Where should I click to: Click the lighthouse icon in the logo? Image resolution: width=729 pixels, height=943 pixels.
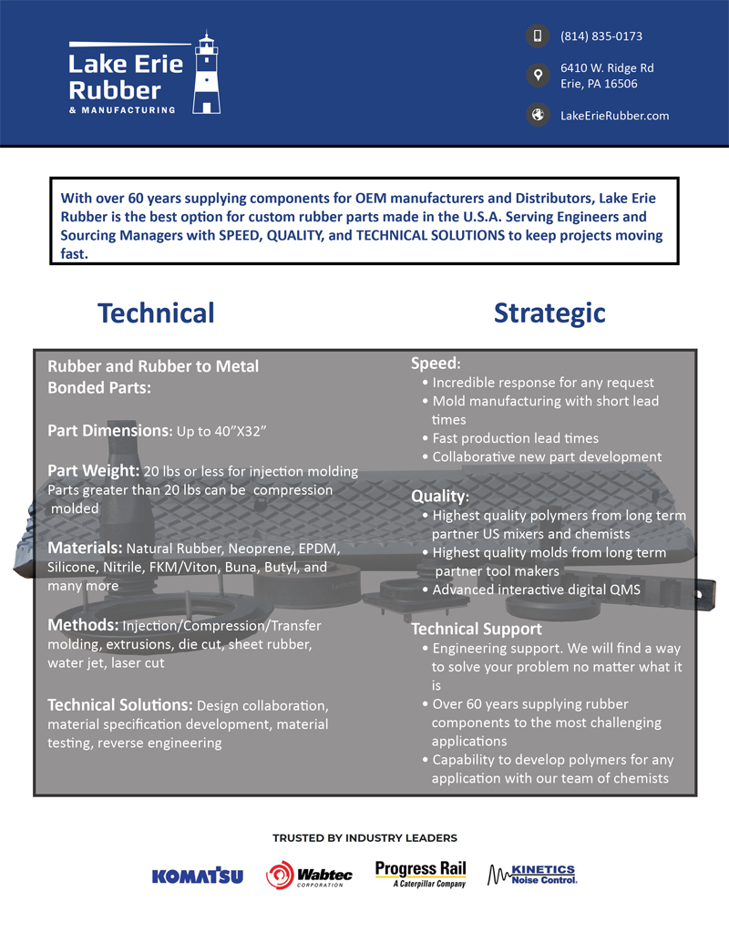click(x=208, y=75)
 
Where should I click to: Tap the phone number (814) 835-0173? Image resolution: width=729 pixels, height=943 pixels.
click(x=601, y=36)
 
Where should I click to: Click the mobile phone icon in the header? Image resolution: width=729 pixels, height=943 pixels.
click(x=538, y=36)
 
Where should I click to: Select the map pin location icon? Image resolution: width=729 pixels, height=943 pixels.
click(x=538, y=76)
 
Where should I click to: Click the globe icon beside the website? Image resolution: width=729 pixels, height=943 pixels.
click(x=538, y=115)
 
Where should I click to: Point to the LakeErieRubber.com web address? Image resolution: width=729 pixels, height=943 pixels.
click(x=615, y=116)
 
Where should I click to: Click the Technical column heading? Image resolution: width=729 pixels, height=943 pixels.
click(x=156, y=313)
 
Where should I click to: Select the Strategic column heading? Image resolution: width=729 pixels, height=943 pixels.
click(x=549, y=313)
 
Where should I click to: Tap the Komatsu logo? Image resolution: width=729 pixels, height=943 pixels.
click(x=198, y=876)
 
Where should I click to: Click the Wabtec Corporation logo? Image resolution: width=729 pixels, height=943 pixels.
click(x=309, y=876)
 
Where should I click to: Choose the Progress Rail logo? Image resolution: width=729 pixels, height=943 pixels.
click(x=421, y=874)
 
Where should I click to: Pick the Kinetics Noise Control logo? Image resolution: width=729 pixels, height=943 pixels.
click(x=533, y=875)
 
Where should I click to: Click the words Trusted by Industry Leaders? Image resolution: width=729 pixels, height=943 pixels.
click(x=364, y=838)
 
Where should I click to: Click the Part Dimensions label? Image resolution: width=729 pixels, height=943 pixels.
click(x=109, y=430)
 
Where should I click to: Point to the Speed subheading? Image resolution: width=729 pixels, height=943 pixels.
click(x=436, y=364)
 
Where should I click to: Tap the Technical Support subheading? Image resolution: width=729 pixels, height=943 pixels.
click(x=477, y=629)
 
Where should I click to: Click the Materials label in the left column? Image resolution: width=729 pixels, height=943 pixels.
click(x=85, y=548)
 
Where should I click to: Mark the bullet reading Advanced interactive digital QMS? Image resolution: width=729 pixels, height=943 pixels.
click(x=536, y=589)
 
